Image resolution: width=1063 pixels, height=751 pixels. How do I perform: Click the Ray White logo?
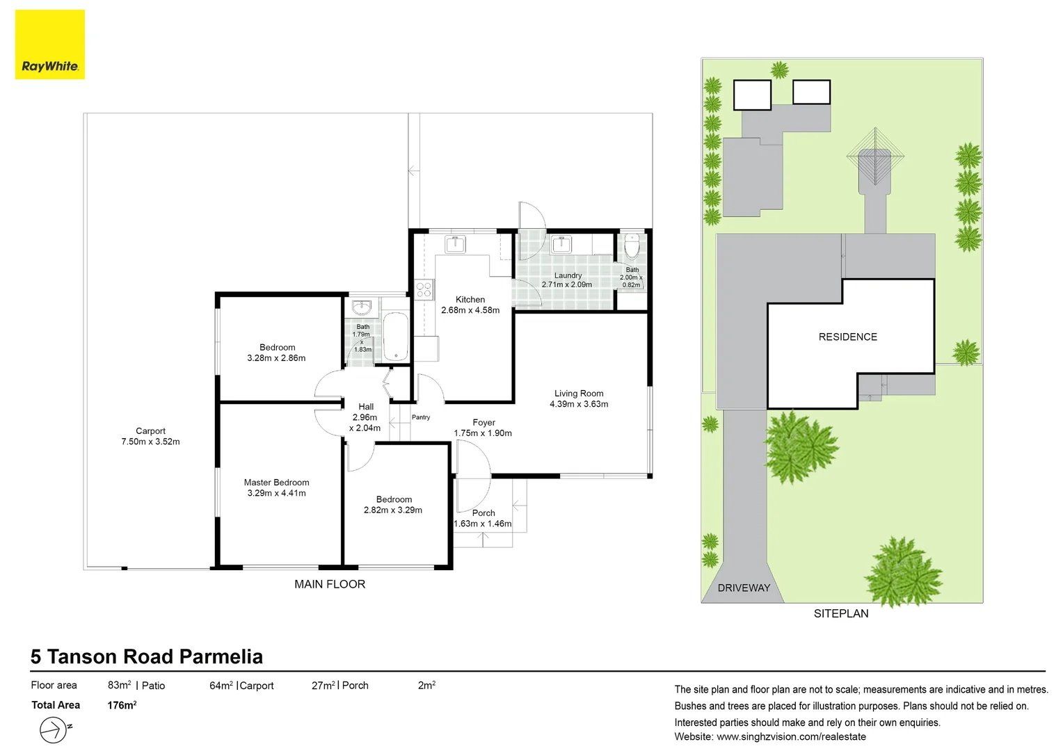[x=50, y=45]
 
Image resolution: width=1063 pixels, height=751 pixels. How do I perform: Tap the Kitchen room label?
[x=470, y=305]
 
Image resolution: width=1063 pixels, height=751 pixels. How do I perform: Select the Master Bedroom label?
[x=277, y=487]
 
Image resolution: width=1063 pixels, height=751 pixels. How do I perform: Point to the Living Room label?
[x=579, y=398]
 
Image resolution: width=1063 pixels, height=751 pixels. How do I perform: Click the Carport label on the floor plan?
[x=150, y=436]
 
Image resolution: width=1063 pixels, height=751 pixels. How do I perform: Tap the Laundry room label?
[x=567, y=280]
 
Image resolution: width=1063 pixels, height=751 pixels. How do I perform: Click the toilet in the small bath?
[x=632, y=245]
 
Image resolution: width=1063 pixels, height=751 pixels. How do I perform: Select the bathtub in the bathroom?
[x=396, y=336]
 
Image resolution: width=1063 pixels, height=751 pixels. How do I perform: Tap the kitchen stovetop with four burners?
[x=424, y=290]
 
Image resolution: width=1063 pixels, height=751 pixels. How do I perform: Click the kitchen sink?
[x=455, y=244]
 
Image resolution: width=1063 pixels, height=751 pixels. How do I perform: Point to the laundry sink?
[x=561, y=244]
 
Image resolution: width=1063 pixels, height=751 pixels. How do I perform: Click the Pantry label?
[x=421, y=417]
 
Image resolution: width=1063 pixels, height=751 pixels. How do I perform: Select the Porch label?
[x=483, y=518]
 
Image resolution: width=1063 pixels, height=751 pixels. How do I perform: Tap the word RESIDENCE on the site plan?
[x=848, y=337]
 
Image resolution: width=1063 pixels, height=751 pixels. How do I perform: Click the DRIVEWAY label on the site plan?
[x=744, y=588]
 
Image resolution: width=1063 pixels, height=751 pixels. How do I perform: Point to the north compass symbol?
[x=55, y=729]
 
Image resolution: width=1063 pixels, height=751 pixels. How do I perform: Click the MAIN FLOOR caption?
[x=330, y=585]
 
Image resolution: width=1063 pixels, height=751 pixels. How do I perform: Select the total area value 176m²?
[x=122, y=705]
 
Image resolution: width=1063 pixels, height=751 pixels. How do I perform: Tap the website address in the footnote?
[x=791, y=737]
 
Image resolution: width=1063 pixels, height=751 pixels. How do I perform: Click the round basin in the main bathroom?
[x=362, y=307]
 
